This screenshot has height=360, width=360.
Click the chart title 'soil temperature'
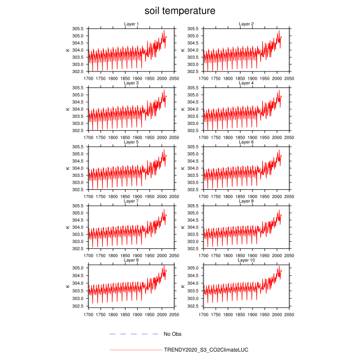pyautogui.click(x=179, y=10)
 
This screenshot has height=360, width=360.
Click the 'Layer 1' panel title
pyautogui.click(x=131, y=24)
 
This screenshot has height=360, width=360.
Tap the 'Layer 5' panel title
pyautogui.click(x=131, y=142)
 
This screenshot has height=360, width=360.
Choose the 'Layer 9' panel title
pyautogui.click(x=131, y=260)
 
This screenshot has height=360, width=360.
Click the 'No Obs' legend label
pyautogui.click(x=172, y=334)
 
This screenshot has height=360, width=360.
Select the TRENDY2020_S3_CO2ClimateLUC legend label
pyautogui.click(x=206, y=350)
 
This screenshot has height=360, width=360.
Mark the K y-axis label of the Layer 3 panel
pyautogui.click(x=67, y=109)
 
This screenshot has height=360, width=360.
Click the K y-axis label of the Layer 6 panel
pyautogui.click(x=183, y=168)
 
